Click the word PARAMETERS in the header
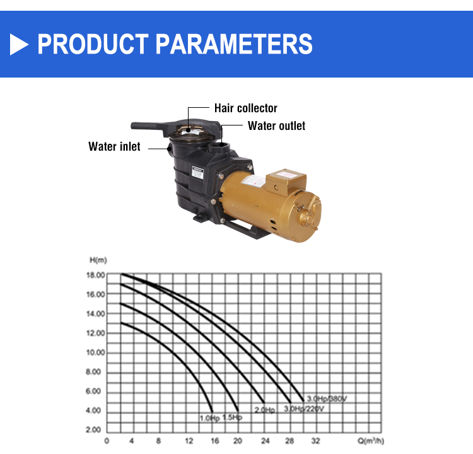point(234,44)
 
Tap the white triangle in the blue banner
point(19,44)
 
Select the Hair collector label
point(245,108)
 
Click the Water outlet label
point(276,125)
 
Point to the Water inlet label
point(114,147)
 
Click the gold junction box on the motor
point(286,182)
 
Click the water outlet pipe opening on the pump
point(219,148)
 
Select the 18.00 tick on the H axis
point(95,275)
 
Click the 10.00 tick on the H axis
point(95,352)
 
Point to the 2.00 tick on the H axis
point(93,430)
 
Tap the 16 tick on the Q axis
point(215,441)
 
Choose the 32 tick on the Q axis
point(315,441)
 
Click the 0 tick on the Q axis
point(107,441)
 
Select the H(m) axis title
point(98,260)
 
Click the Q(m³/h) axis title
point(371,441)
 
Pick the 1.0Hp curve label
point(209,419)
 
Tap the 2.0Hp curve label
point(265,410)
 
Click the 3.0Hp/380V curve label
point(327,399)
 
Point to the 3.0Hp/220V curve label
point(304,409)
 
